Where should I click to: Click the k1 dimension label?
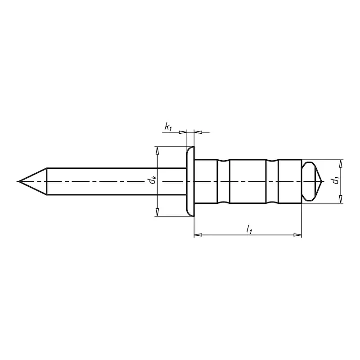(168, 127)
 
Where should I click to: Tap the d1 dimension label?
(336, 180)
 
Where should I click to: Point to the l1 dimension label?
(249, 229)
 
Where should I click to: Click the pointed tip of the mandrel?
(19, 181)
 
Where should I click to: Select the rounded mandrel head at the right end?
(312, 181)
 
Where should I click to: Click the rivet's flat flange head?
(190, 181)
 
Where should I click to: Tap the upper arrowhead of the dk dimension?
(157, 151)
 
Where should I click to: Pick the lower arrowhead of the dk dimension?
(157, 212)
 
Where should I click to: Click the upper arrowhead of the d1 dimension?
(341, 164)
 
